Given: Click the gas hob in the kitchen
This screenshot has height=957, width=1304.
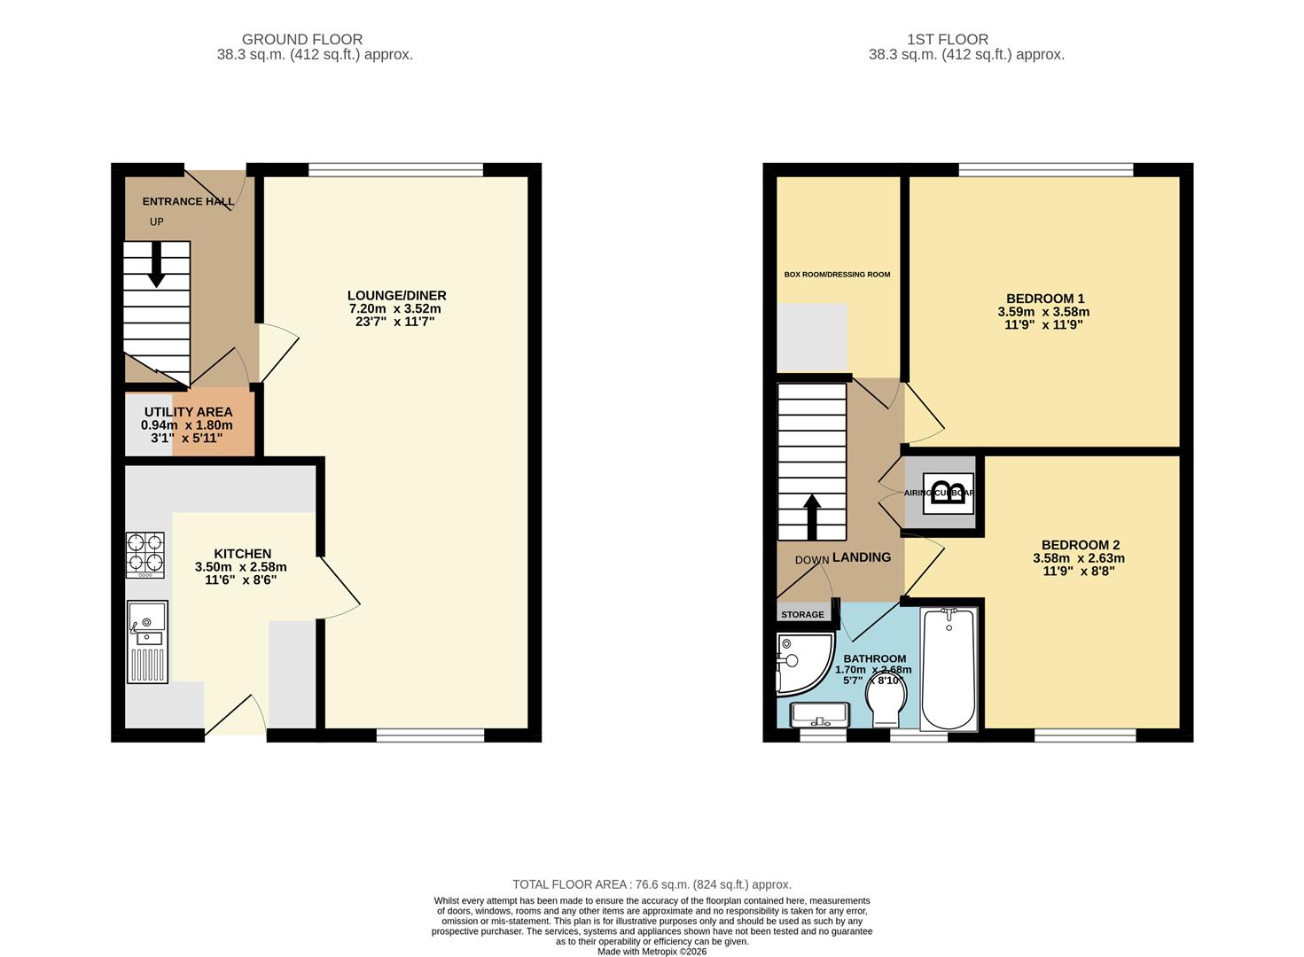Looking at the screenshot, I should pyautogui.click(x=144, y=554).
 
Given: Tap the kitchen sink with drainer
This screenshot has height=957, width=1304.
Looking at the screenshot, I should pyautogui.click(x=147, y=642).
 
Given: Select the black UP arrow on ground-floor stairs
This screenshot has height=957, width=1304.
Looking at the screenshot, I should pyautogui.click(x=156, y=264).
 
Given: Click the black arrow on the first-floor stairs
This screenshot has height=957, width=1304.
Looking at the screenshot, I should pyautogui.click(x=811, y=517).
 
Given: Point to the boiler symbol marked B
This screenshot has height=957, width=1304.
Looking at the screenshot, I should pyautogui.click(x=949, y=494).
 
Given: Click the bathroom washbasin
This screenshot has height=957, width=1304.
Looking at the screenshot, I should pyautogui.click(x=818, y=714).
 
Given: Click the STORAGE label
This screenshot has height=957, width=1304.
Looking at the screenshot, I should pyautogui.click(x=802, y=614).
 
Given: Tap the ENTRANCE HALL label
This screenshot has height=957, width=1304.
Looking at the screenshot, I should pyautogui.click(x=188, y=201).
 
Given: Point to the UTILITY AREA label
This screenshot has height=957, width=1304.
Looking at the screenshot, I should pyautogui.click(x=188, y=412).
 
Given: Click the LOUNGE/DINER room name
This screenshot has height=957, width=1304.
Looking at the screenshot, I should pyautogui.click(x=396, y=295).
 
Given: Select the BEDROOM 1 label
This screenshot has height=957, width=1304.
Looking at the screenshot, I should pyautogui.click(x=1044, y=299).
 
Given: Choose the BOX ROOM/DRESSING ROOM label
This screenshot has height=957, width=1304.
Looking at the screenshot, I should pyautogui.click(x=837, y=275).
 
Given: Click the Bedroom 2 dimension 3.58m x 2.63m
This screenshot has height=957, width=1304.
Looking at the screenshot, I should pyautogui.click(x=1078, y=558).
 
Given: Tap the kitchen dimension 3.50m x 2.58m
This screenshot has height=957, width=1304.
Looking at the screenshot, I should pyautogui.click(x=240, y=567).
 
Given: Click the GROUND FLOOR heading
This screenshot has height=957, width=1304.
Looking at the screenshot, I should pyautogui.click(x=301, y=39).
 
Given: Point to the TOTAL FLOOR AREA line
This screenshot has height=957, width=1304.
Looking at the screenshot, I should pyautogui.click(x=652, y=884).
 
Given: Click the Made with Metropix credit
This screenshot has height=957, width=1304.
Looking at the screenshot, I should pyautogui.click(x=652, y=952).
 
